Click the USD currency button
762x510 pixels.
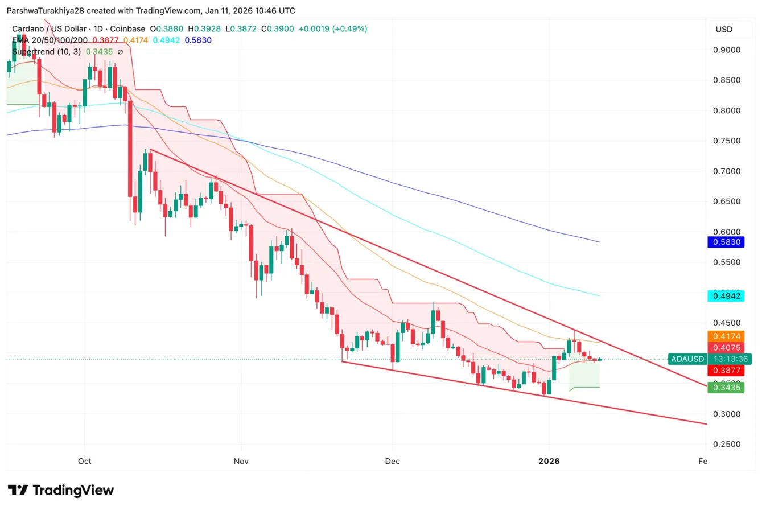point(724,30)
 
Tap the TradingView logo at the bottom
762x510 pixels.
point(61,490)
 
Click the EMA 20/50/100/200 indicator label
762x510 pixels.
point(50,40)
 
